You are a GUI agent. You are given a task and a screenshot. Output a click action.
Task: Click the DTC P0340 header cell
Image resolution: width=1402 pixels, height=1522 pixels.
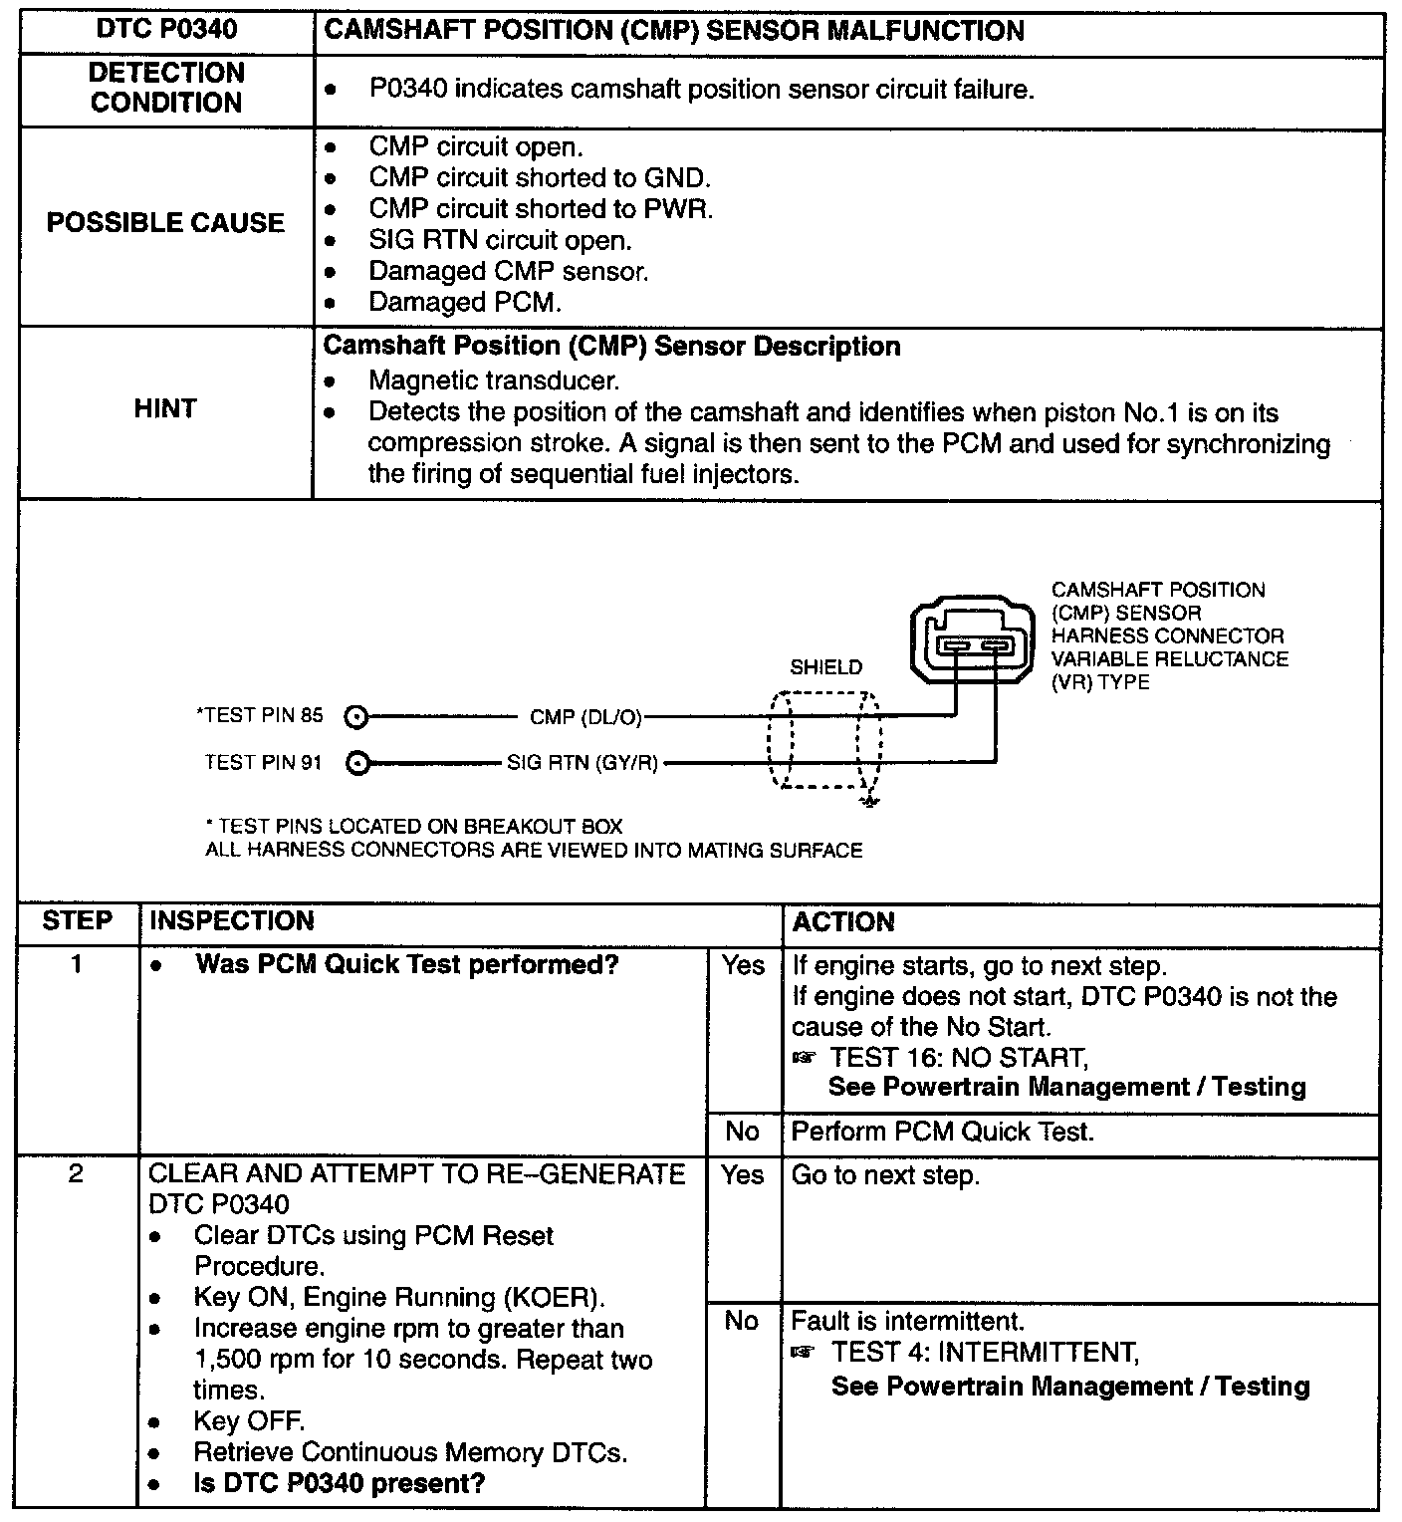[166, 30]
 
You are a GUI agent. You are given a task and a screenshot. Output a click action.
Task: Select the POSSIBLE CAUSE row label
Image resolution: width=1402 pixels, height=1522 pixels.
[165, 222]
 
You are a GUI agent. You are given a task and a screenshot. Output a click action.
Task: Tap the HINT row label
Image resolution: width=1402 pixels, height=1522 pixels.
[165, 408]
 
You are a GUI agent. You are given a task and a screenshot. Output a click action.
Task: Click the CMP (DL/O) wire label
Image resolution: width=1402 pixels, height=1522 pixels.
[585, 716]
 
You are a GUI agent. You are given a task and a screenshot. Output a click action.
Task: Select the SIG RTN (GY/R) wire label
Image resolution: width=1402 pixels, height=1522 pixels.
[582, 764]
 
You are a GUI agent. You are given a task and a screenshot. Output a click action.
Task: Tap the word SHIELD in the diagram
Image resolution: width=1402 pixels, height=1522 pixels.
[825, 667]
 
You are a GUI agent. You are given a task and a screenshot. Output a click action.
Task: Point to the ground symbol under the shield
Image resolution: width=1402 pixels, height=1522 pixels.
[870, 801]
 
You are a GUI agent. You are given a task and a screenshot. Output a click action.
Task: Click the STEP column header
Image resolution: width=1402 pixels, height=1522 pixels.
[78, 921]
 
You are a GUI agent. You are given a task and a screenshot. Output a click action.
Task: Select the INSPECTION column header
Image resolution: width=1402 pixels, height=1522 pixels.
[231, 921]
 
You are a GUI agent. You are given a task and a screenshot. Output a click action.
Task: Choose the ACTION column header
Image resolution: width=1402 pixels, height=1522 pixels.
[842, 922]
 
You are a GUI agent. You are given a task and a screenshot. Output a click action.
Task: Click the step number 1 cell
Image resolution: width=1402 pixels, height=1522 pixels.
[78, 964]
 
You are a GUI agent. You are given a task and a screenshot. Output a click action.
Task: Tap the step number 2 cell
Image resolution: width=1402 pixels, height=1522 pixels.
[78, 1174]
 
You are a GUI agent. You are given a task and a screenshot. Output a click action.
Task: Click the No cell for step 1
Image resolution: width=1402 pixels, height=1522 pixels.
[742, 1132]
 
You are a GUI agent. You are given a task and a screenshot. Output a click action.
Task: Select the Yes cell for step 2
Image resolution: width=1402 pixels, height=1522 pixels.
[742, 1175]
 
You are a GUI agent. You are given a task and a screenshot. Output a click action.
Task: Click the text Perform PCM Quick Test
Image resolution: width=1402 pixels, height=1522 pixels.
[942, 1132]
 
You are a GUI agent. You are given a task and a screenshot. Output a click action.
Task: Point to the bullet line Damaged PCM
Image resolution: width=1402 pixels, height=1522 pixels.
[464, 302]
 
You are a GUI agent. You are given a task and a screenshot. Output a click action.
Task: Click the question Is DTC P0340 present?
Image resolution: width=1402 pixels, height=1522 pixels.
[339, 1483]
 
